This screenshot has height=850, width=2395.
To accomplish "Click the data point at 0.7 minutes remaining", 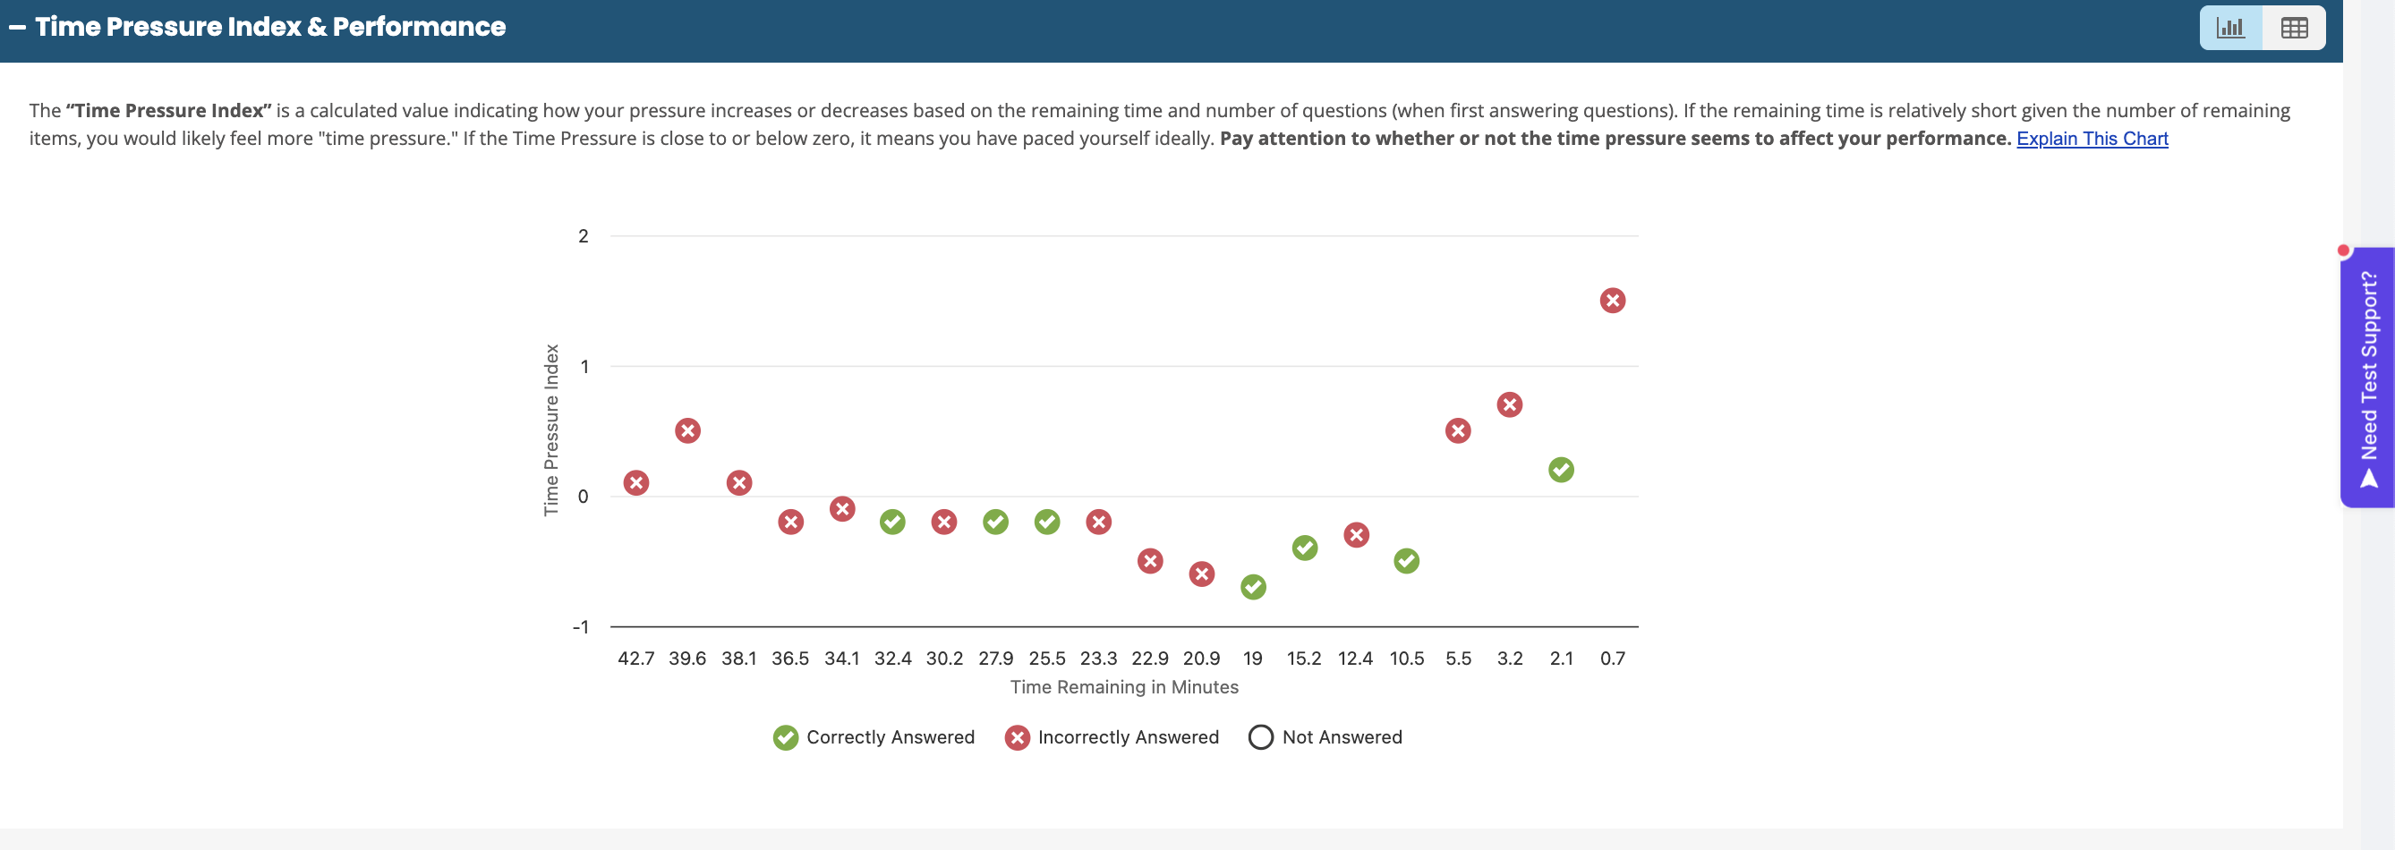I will [x=1612, y=301].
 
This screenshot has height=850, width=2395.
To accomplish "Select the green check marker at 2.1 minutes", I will [x=1561, y=470].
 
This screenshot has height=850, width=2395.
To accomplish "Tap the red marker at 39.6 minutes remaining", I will [x=687, y=430].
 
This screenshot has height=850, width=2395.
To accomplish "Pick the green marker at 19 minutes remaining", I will [x=1252, y=587].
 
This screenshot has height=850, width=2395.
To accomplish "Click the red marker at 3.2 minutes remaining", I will [x=1509, y=404].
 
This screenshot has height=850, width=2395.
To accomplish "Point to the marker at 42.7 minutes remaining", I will [x=636, y=482].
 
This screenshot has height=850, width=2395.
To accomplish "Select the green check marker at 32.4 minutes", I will [x=892, y=522].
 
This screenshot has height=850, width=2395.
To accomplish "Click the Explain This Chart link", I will [x=2091, y=139].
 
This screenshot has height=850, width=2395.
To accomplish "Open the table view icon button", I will [x=2294, y=28].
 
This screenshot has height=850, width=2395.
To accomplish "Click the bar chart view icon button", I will [x=2229, y=28].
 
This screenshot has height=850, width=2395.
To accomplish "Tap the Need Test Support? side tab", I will [x=2368, y=377].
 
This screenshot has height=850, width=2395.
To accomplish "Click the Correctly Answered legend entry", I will [x=873, y=737].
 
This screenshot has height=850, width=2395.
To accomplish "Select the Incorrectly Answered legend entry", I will [x=1111, y=737].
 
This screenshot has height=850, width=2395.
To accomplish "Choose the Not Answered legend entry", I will [x=1325, y=737].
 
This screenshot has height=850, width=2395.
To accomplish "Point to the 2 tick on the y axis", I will [x=583, y=236].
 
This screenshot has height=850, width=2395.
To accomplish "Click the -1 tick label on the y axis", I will [x=580, y=627].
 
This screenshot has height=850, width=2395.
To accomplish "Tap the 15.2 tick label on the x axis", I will [x=1303, y=659].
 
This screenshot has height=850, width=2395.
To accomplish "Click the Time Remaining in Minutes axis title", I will [x=1124, y=687].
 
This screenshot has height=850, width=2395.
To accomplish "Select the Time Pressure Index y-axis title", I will [x=551, y=429].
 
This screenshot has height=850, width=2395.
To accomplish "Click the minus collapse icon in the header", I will [x=17, y=28].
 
